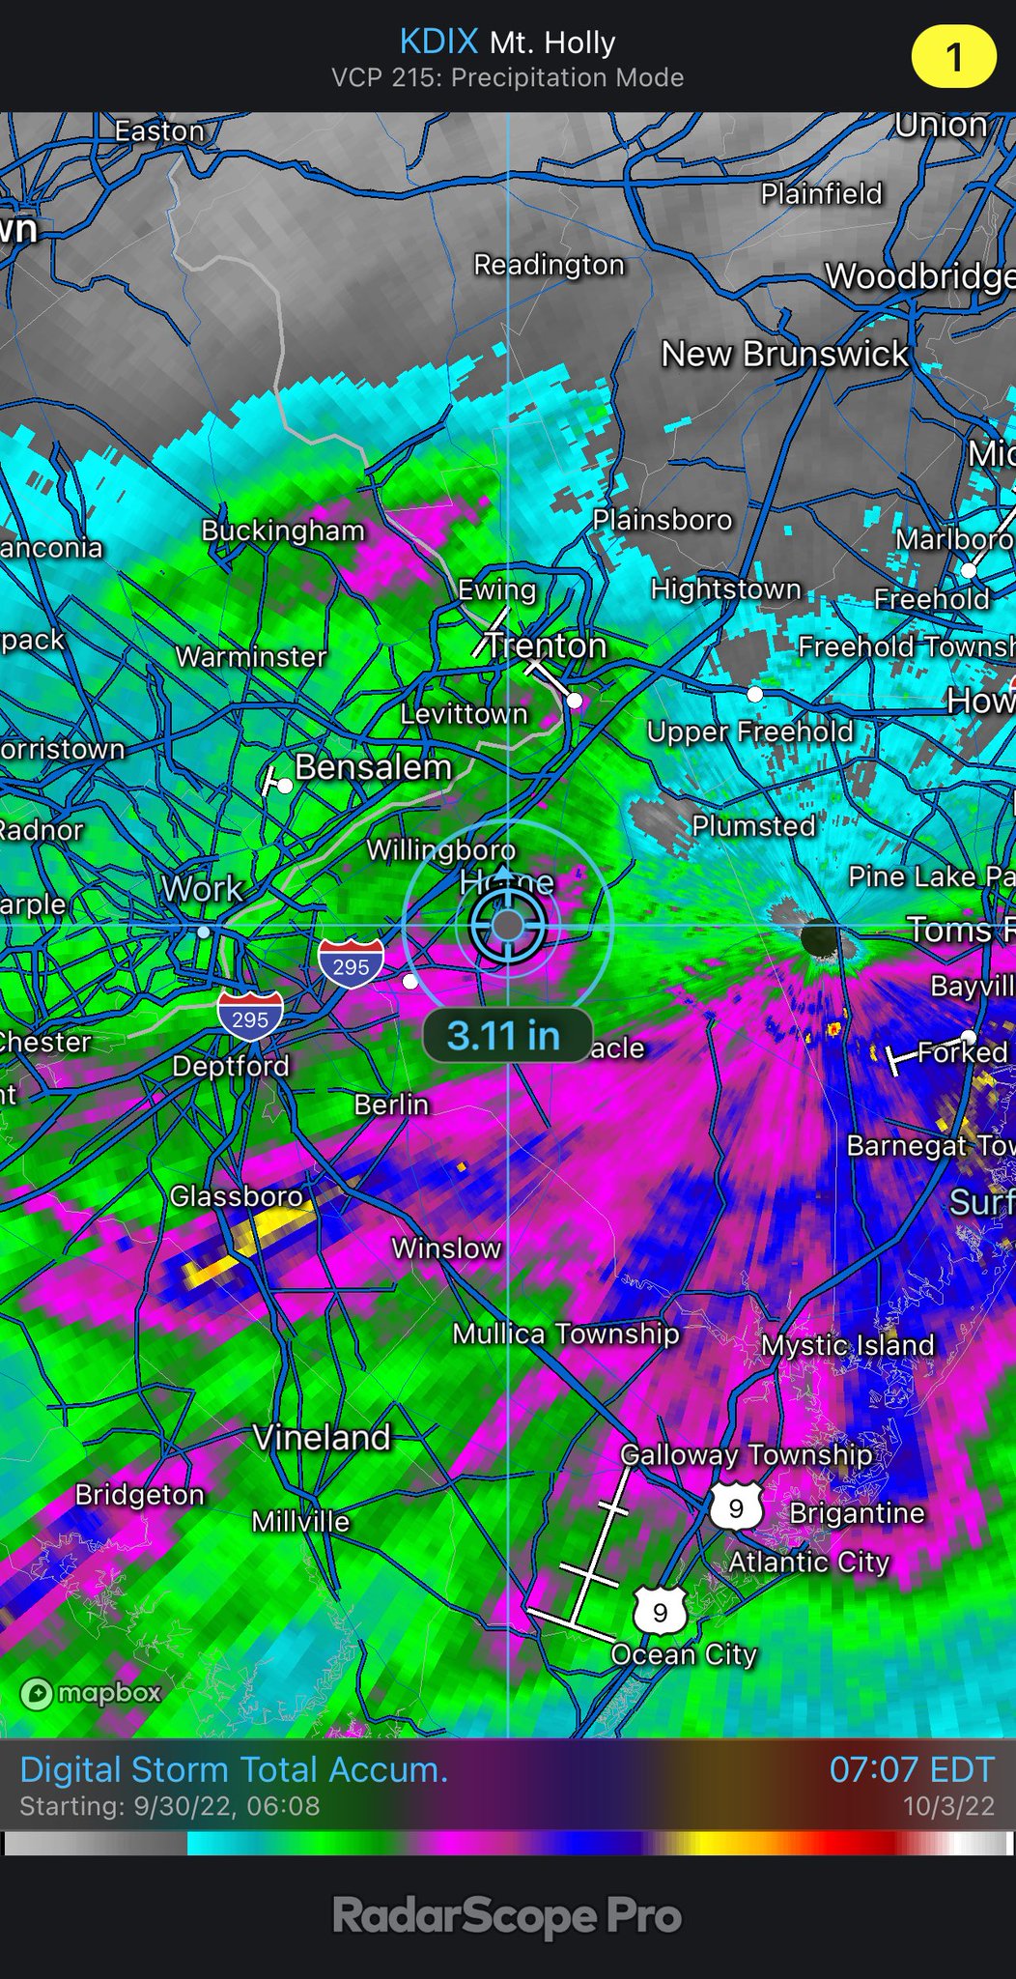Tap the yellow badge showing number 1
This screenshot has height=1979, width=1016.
point(953,57)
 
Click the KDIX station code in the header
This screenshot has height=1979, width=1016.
point(438,42)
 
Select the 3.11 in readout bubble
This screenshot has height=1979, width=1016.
point(505,1036)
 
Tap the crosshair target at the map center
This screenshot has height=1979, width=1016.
point(508,926)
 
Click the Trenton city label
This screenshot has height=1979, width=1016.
point(546,645)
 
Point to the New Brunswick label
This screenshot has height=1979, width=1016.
point(784,354)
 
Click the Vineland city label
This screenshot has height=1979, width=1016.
point(322,1437)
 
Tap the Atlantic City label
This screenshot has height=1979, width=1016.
point(808,1562)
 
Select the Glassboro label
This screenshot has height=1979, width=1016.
point(237,1196)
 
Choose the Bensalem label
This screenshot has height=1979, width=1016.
point(374,767)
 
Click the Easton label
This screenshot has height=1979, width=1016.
point(159,130)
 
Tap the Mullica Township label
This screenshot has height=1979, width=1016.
point(566,1334)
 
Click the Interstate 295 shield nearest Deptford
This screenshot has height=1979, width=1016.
point(250,1017)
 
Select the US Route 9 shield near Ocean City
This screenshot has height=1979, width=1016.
point(661,1612)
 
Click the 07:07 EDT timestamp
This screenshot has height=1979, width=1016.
point(911,1769)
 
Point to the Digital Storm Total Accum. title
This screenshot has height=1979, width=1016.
point(234,1769)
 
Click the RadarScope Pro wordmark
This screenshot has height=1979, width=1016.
point(507,1917)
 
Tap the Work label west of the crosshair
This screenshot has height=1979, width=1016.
point(202,889)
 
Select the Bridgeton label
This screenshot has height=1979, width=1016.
point(140,1495)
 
